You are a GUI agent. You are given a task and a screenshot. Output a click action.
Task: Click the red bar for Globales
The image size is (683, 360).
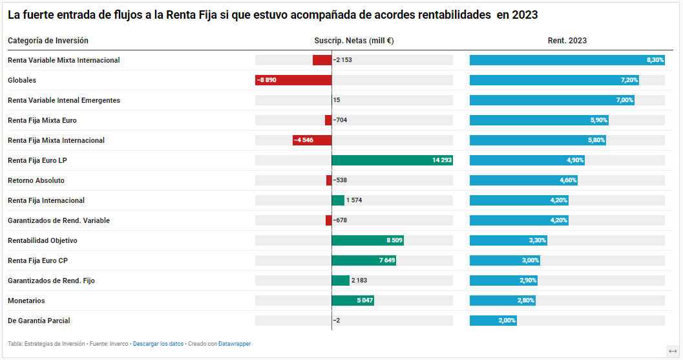[x=293, y=80]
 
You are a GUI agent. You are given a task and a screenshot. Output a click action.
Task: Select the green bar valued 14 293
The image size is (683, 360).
[x=392, y=160]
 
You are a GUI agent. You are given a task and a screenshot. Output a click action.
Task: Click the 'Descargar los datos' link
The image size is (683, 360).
[x=158, y=344]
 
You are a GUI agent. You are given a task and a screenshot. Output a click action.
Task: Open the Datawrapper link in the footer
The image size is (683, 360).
[x=235, y=344]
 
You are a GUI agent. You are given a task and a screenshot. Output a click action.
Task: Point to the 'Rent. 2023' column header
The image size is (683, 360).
[x=567, y=41]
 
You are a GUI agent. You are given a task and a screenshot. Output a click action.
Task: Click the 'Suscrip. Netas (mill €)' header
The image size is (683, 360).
[x=354, y=41]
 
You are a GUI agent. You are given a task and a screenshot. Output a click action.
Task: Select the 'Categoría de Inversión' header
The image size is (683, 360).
[x=48, y=41]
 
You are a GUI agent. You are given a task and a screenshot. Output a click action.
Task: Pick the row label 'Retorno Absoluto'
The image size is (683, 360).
[x=36, y=180]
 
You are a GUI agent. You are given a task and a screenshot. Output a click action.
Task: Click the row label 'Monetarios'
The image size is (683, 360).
[x=26, y=301]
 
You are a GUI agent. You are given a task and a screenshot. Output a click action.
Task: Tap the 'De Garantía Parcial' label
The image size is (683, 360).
[x=39, y=321]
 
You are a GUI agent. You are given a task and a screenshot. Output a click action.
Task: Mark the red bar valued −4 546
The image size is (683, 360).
[x=312, y=140]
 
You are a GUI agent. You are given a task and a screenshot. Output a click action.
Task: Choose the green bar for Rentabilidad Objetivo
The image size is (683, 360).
[x=367, y=240]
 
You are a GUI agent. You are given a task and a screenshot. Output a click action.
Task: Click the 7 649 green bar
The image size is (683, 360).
[x=363, y=260]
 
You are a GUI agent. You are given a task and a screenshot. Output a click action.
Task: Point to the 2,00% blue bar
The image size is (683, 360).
[x=493, y=321]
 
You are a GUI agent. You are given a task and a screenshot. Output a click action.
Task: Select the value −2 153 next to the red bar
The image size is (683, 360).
[x=342, y=60]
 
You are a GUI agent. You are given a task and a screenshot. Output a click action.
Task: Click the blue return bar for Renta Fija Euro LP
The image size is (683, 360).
[x=527, y=160]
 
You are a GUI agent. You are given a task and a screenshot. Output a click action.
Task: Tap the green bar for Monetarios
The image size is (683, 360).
[x=352, y=301]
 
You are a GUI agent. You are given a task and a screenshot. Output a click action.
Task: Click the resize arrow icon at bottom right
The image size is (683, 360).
[x=673, y=351]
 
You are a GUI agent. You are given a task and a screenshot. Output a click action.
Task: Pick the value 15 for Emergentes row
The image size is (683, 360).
[x=337, y=100]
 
